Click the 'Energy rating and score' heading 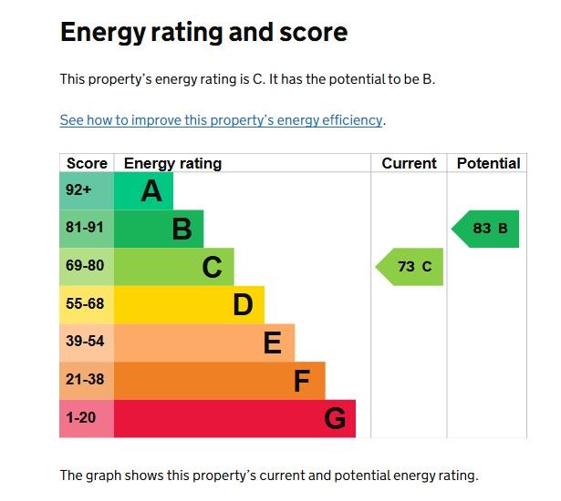pos(203,34)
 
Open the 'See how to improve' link pos(221,120)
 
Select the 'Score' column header pos(87,164)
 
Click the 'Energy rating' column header pos(172,164)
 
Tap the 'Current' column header pos(409,164)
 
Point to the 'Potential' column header pos(488,164)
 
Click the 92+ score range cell pos(78,190)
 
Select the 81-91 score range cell pos(85,229)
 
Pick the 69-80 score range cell pos(85,267)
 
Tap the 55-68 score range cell pos(85,304)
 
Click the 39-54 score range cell pos(85,343)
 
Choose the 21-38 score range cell pos(85,380)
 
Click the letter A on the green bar pos(151,191)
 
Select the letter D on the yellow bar pos(243,305)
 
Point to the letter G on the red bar pos(335,419)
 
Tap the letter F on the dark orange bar pos(302,381)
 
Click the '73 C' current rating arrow pos(410,267)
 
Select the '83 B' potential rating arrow pos(486,229)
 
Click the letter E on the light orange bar pos(272,343)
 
